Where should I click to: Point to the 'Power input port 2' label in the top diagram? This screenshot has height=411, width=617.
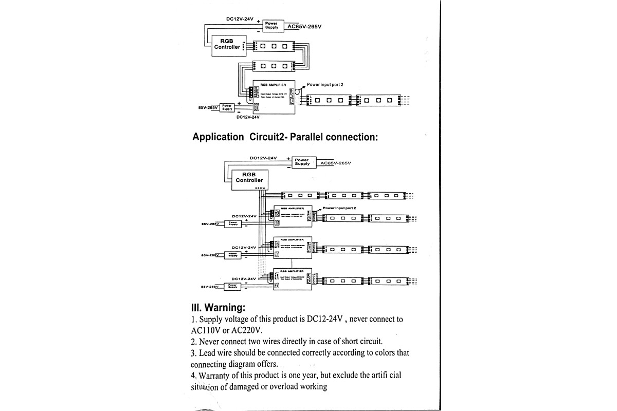click(x=325, y=84)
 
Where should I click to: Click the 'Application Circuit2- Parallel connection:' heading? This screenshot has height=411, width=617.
click(x=285, y=137)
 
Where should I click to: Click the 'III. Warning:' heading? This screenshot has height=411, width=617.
click(x=218, y=308)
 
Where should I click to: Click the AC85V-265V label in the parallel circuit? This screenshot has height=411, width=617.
click(x=335, y=163)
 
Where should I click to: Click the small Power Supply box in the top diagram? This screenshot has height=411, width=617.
click(x=227, y=107)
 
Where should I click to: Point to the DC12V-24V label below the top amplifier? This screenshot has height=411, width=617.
click(x=248, y=117)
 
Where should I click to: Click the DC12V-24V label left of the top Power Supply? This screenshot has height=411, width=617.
click(x=240, y=19)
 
